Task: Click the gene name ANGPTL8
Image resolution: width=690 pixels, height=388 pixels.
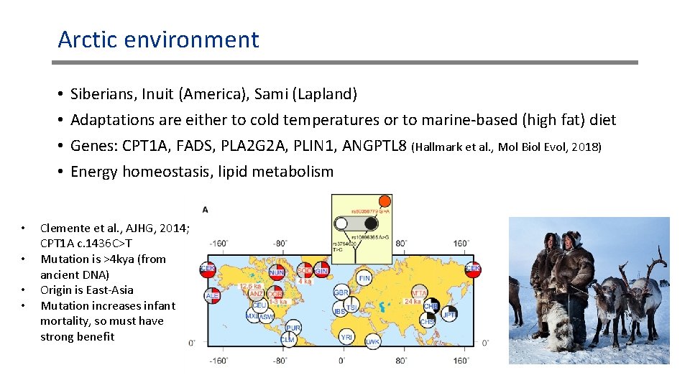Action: (x=375, y=147)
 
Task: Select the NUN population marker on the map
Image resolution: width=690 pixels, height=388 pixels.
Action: (x=277, y=272)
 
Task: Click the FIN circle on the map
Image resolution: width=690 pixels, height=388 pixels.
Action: (x=364, y=277)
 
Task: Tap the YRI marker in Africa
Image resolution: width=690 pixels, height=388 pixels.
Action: (x=346, y=336)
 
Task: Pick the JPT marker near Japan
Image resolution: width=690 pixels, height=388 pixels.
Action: (x=449, y=313)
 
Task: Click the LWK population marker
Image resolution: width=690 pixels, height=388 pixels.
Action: (x=372, y=341)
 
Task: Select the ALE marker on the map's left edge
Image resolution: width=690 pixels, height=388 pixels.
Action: (x=212, y=295)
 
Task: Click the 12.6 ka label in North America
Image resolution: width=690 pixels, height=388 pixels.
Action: (x=249, y=285)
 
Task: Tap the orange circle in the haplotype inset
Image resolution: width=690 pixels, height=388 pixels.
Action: (x=385, y=201)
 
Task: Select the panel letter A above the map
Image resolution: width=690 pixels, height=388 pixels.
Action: (x=206, y=210)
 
